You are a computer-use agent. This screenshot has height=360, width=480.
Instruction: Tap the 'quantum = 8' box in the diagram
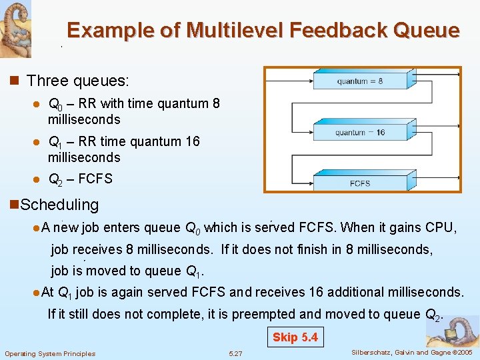click(x=360, y=81)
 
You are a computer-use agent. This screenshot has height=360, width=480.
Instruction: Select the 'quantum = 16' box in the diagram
click(x=360, y=132)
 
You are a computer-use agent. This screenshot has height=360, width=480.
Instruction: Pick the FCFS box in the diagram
click(x=360, y=183)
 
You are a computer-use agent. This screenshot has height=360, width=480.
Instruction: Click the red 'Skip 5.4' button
click(x=295, y=337)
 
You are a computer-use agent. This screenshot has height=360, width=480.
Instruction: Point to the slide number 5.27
click(x=235, y=353)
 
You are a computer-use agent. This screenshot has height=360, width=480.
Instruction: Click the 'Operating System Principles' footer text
click(x=50, y=353)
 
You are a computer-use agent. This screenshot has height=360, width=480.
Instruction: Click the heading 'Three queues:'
click(x=78, y=81)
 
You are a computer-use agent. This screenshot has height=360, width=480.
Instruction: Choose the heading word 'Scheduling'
click(x=60, y=205)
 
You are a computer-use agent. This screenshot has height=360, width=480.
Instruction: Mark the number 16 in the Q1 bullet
click(x=191, y=141)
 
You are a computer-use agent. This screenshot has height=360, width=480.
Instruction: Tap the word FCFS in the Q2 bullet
click(x=98, y=179)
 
